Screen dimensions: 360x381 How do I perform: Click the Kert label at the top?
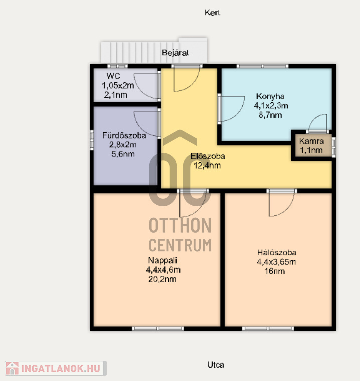click(212, 13)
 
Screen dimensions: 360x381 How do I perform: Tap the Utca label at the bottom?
click(216, 365)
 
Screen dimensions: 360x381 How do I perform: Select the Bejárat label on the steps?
click(175, 53)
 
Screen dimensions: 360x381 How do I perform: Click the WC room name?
click(113, 76)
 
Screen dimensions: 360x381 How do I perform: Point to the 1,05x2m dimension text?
click(118, 85)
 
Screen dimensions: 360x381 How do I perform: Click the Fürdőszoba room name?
click(124, 135)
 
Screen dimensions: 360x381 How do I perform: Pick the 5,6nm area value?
click(123, 154)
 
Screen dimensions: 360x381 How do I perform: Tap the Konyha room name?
click(270, 96)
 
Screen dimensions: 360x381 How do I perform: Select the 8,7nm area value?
click(270, 115)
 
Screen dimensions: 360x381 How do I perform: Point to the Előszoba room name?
click(208, 156)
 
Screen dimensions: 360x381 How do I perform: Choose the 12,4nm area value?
click(207, 166)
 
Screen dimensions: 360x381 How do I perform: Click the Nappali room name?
click(163, 260)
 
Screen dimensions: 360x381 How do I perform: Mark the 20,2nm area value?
click(162, 279)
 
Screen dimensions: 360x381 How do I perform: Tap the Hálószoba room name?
click(277, 252)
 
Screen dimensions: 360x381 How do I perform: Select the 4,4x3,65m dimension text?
click(276, 262)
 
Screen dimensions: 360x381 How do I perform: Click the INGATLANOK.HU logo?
click(56, 368)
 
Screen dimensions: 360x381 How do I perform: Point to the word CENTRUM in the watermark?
click(180, 245)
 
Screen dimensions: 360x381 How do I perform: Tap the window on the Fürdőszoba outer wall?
click(92, 140)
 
